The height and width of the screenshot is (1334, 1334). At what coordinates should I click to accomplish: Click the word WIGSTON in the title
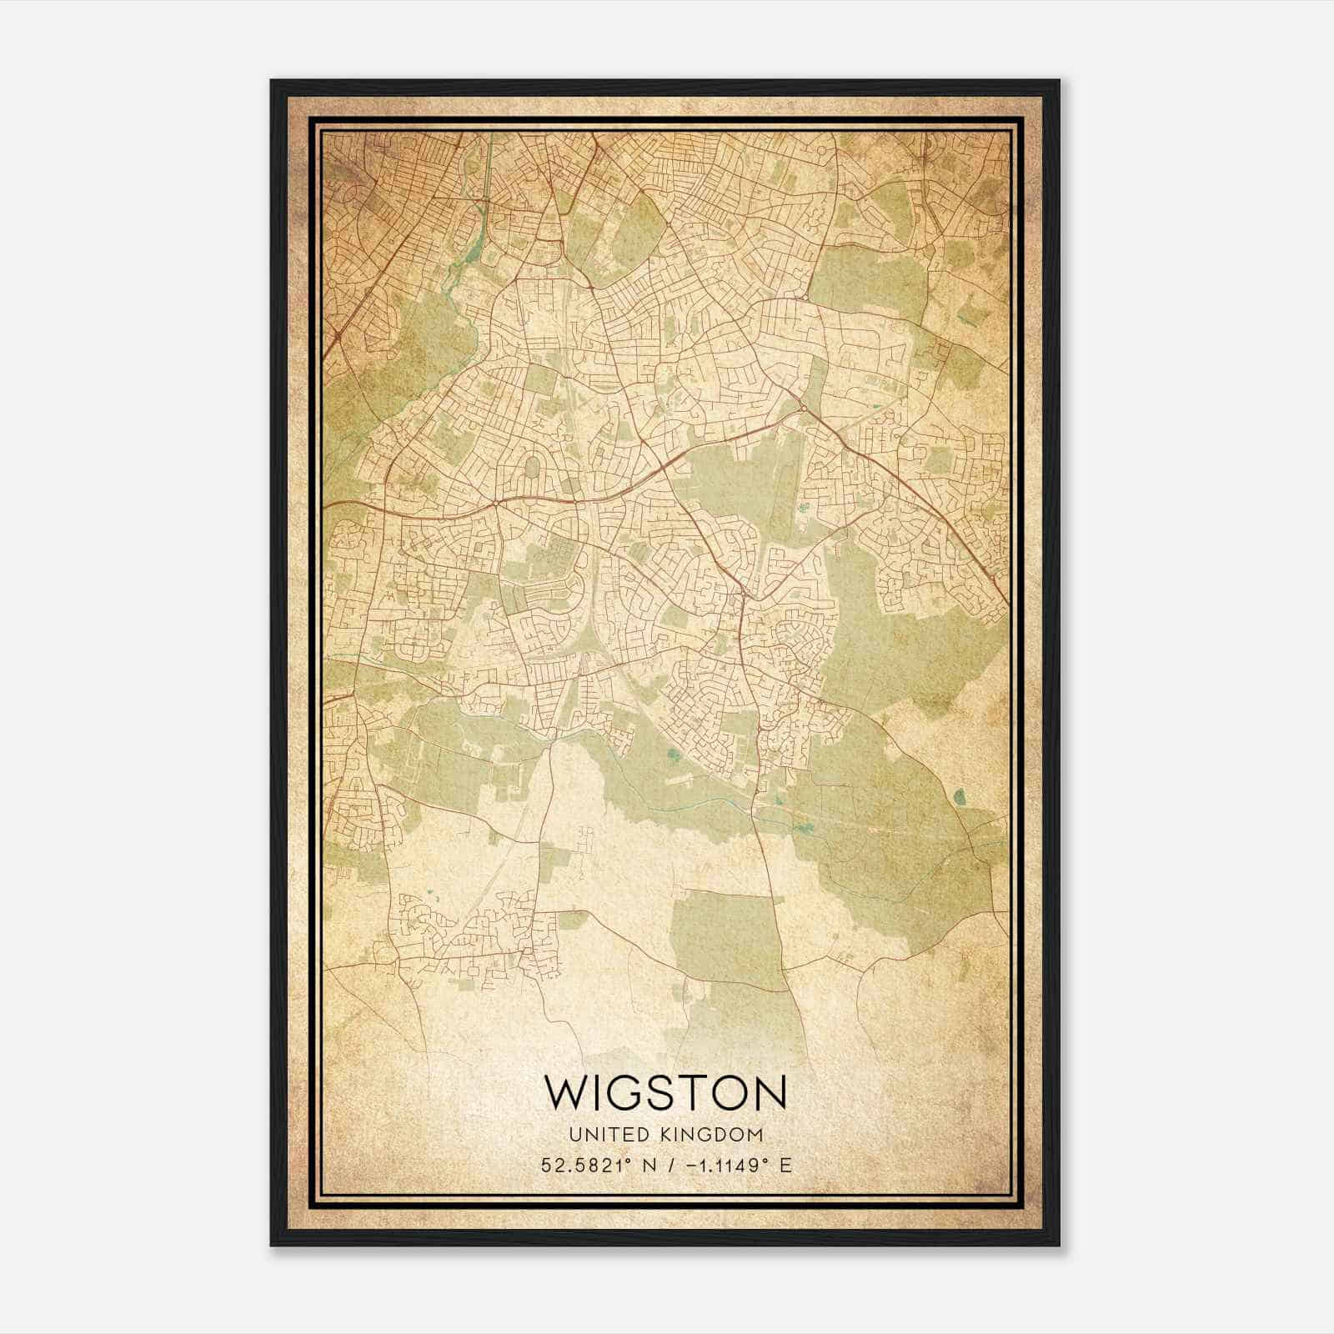click(x=664, y=1092)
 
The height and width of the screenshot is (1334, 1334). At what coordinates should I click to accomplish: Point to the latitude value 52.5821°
click(x=586, y=1166)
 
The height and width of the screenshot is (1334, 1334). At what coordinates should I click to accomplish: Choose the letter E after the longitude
click(x=784, y=1166)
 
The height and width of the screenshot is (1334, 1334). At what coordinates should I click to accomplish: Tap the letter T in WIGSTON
click(x=695, y=1092)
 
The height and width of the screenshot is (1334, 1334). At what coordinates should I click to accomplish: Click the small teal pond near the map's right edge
click(x=959, y=797)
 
